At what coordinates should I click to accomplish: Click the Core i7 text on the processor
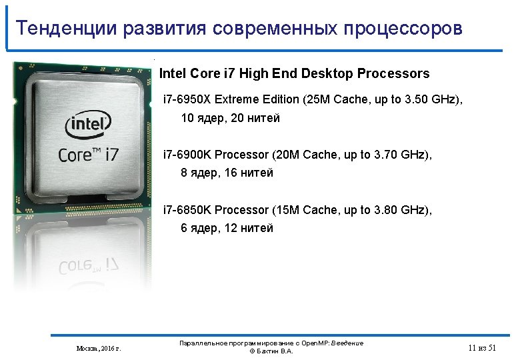[x=89, y=154]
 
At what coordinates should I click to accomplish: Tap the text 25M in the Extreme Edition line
[x=315, y=99]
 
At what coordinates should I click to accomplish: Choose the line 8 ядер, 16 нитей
[x=227, y=173]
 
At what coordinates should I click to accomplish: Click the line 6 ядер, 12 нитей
[x=227, y=228]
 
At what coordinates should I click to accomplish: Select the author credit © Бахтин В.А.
[x=271, y=351]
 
